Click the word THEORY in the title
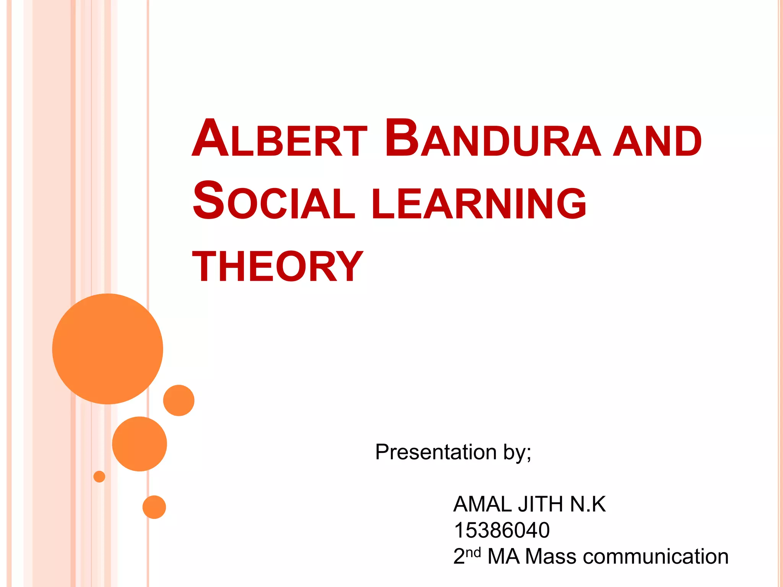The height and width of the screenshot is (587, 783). [x=278, y=267]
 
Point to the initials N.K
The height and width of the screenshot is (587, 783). [x=588, y=504]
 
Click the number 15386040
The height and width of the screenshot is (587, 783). [x=502, y=530]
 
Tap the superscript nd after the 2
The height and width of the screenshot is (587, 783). [x=473, y=552]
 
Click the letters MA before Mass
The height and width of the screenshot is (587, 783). [x=504, y=556]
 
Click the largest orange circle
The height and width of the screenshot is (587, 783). [x=108, y=349]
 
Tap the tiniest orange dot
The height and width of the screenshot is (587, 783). [x=99, y=477]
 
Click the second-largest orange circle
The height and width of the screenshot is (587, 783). [x=140, y=444]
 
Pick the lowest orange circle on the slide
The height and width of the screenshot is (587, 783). [x=154, y=507]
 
